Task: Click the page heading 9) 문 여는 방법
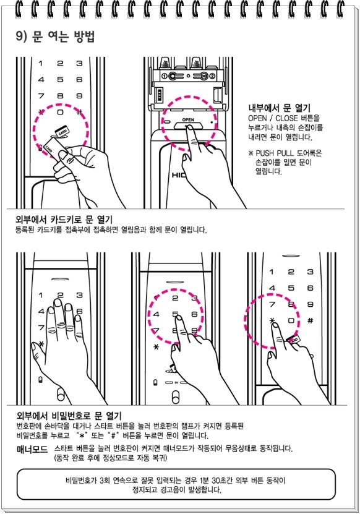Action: pyautogui.click(x=55, y=36)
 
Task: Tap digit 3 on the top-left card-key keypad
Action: pyautogui.click(x=79, y=63)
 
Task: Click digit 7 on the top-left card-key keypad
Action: pyautogui.click(x=41, y=96)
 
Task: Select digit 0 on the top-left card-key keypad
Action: pyautogui.click(x=61, y=112)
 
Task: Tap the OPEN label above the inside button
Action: pyautogui.click(x=188, y=119)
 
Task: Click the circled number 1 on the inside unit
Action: pyautogui.click(x=165, y=76)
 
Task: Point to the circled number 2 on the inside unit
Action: pyautogui.click(x=212, y=76)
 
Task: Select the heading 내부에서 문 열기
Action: pyautogui.click(x=279, y=108)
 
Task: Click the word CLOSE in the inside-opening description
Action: pyautogui.click(x=286, y=118)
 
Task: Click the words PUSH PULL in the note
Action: pyautogui.click(x=275, y=153)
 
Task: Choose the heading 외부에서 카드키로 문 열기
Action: pyautogui.click(x=64, y=219)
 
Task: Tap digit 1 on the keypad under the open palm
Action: pyautogui.click(x=41, y=295)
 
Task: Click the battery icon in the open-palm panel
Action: pyautogui.click(x=40, y=380)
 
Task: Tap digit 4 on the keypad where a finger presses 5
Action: pyautogui.click(x=156, y=314)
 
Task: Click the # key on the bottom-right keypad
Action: pyautogui.click(x=310, y=320)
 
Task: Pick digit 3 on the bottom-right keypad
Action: pyautogui.click(x=310, y=272)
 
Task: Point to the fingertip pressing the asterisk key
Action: pyautogui.click(x=275, y=325)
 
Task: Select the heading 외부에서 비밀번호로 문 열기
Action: pyautogui.click(x=69, y=416)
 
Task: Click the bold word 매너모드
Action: pyautogui.click(x=32, y=449)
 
